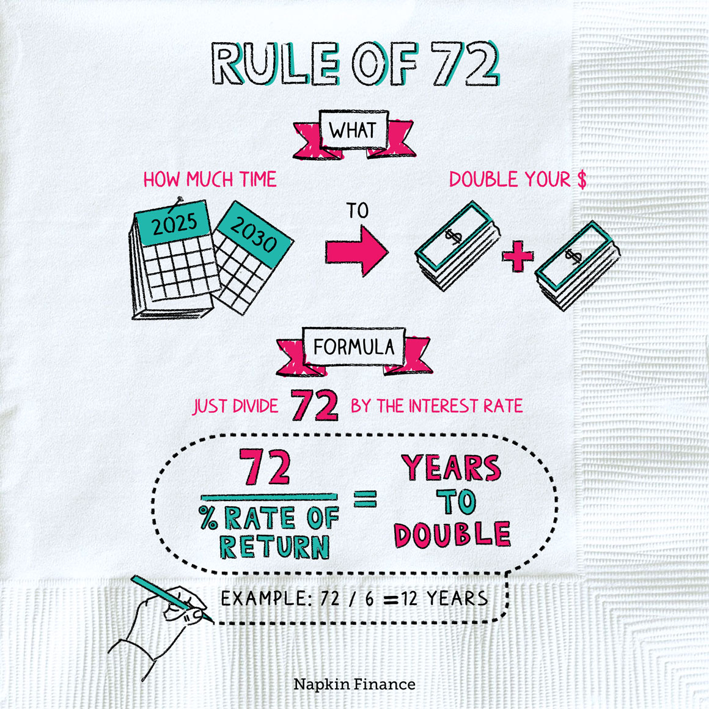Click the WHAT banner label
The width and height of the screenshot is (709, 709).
[353, 131]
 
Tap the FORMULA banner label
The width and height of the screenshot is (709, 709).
[354, 347]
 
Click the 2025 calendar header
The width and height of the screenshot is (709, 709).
[174, 223]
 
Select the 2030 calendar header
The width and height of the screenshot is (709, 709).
[254, 235]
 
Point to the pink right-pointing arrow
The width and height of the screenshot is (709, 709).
[357, 251]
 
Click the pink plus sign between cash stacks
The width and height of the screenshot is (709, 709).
[518, 256]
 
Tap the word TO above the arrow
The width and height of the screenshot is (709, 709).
[357, 211]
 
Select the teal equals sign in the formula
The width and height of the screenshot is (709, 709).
[365, 499]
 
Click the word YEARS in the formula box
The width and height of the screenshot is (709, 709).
[451, 468]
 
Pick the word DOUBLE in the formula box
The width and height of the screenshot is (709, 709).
[452, 534]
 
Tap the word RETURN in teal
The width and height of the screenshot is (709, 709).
[274, 546]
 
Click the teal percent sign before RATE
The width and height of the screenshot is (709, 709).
[208, 518]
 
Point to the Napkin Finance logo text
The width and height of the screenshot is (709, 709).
[354, 684]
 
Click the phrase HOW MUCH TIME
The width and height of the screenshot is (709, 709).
[210, 180]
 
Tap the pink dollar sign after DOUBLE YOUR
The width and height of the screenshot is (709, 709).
[582, 180]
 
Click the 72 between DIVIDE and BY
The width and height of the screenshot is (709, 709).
[314, 405]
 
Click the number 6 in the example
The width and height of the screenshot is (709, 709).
[369, 598]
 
